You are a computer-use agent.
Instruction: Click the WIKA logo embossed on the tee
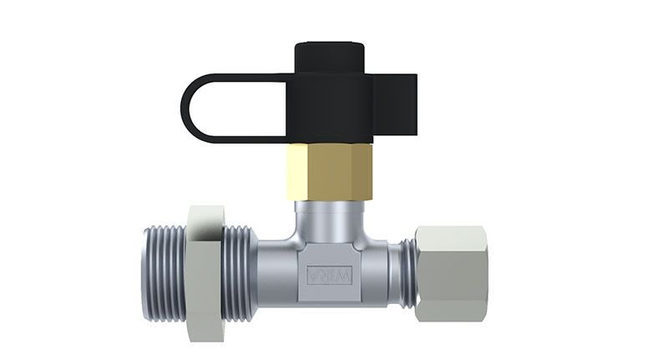click(x=330, y=275)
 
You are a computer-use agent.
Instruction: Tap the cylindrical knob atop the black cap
click(x=330, y=58)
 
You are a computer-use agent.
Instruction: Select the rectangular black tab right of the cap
click(x=395, y=107)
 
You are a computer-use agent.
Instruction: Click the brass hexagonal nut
click(x=329, y=172)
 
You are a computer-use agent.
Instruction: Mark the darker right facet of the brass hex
click(x=365, y=172)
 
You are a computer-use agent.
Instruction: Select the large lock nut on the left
click(x=205, y=273)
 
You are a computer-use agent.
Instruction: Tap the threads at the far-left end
click(x=164, y=273)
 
